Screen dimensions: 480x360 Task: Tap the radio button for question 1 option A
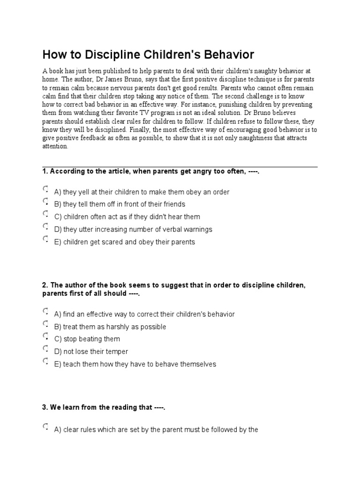tap(45, 189)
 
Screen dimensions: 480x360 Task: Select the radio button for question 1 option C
tap(45, 214)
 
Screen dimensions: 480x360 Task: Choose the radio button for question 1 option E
tap(45, 239)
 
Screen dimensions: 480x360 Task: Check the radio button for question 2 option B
tap(45, 324)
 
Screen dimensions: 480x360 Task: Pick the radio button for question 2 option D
tap(45, 349)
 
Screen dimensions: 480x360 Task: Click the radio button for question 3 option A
tap(45, 427)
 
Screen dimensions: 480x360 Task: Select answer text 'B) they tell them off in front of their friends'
tap(120, 204)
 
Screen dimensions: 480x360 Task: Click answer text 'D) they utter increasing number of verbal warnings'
tap(133, 230)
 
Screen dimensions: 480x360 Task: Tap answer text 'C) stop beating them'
tap(87, 339)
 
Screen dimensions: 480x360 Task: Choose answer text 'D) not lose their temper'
tap(91, 352)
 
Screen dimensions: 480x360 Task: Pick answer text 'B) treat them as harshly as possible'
tap(110, 327)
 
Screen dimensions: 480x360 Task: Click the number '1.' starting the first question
tap(45, 172)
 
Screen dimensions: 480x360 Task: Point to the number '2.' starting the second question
tap(45, 285)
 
